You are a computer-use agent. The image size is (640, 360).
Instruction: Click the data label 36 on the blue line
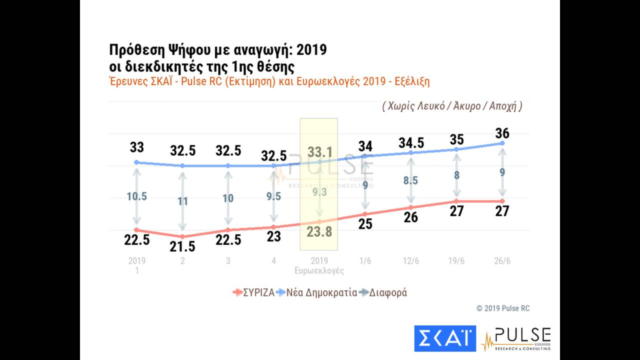(502, 133)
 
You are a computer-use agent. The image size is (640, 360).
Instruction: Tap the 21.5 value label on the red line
(182, 246)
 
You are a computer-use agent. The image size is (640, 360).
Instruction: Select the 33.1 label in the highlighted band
(319, 151)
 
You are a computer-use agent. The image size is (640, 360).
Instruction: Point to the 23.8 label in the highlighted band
(319, 231)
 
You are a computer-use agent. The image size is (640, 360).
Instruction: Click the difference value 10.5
(136, 196)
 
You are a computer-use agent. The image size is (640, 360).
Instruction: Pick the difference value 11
(182, 201)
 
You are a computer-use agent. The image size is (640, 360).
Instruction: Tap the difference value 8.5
(411, 180)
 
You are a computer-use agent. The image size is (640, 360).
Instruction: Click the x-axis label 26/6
(502, 261)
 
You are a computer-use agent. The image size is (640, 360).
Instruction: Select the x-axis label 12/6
(411, 261)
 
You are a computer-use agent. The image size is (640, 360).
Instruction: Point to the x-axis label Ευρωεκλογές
(319, 270)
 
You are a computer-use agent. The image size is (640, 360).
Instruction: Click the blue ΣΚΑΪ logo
(445, 338)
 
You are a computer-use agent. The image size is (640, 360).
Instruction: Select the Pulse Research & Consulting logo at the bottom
(516, 338)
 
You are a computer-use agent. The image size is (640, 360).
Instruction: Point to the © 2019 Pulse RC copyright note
(502, 308)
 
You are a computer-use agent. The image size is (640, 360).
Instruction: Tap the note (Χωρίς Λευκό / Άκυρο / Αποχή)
(452, 106)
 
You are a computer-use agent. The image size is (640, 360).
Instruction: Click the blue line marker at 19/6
(456, 149)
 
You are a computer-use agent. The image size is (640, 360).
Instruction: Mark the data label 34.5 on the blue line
(411, 142)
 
